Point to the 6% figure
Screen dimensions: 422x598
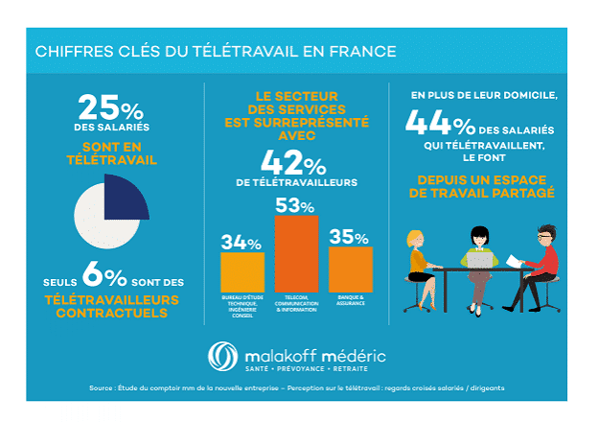point(105,278)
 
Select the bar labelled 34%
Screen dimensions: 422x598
point(241,272)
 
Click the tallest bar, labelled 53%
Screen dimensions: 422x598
point(296,253)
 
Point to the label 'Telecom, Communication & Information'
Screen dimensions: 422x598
point(296,305)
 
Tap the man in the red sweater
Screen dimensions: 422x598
point(543,261)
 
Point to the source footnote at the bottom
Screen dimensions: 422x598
point(298,387)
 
